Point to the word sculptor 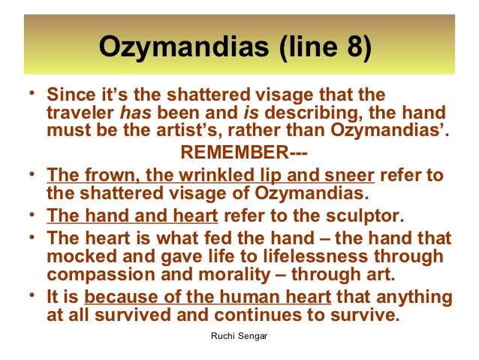pos(367,218)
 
